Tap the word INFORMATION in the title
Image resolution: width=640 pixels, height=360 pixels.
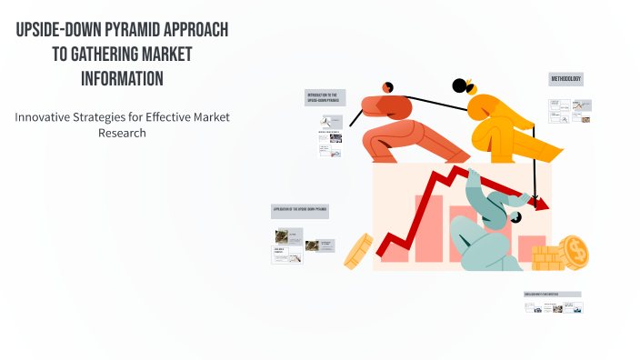tap(122, 79)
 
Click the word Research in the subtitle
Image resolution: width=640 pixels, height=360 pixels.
tap(122, 133)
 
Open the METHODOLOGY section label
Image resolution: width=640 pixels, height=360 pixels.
tap(565, 80)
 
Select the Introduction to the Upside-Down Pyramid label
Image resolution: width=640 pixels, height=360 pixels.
tap(324, 96)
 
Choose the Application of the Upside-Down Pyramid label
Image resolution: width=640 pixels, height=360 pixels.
tap(300, 209)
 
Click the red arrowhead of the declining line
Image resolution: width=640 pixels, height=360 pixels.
tap(542, 205)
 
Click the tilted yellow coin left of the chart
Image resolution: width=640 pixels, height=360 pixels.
tap(358, 250)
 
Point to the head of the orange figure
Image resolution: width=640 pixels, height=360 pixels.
tap(387, 86)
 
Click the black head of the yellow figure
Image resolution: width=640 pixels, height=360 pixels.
tap(460, 86)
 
